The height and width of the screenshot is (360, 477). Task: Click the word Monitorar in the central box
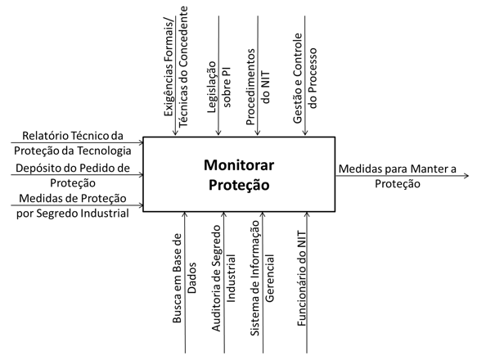pyautogui.click(x=239, y=165)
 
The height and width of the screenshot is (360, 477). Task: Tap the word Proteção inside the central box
pyautogui.click(x=239, y=186)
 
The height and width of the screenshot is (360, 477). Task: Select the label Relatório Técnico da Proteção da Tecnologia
pyautogui.click(x=73, y=143)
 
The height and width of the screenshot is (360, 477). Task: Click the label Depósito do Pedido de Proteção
pyautogui.click(x=73, y=175)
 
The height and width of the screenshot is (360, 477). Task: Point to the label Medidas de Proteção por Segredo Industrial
pyautogui.click(x=73, y=205)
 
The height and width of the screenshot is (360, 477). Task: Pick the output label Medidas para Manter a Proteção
pyautogui.click(x=398, y=176)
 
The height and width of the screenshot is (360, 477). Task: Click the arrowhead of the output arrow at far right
pyautogui.click(x=466, y=176)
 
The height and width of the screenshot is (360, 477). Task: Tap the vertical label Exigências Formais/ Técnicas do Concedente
pyautogui.click(x=176, y=67)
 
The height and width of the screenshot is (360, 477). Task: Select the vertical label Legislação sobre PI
pyautogui.click(x=219, y=87)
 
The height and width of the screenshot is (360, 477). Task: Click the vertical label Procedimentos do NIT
pyautogui.click(x=258, y=87)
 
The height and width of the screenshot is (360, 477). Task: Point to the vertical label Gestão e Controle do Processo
pyautogui.click(x=305, y=79)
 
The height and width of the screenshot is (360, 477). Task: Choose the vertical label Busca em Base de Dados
pyautogui.click(x=184, y=278)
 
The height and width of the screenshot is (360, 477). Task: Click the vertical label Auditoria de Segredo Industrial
pyautogui.click(x=223, y=278)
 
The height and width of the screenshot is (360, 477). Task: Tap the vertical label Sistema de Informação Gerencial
pyautogui.click(x=263, y=278)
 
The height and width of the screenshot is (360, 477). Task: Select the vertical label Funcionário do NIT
pyautogui.click(x=301, y=278)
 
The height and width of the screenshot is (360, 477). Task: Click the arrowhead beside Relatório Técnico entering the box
pyautogui.click(x=141, y=142)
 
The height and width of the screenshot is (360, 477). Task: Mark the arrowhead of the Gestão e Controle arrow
pyautogui.click(x=305, y=133)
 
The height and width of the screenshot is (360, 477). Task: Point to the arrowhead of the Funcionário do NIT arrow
pyautogui.click(x=307, y=214)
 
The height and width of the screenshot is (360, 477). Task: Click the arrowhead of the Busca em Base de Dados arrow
pyautogui.click(x=185, y=214)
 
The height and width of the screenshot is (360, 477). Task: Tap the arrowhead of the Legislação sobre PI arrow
pyautogui.click(x=218, y=133)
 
